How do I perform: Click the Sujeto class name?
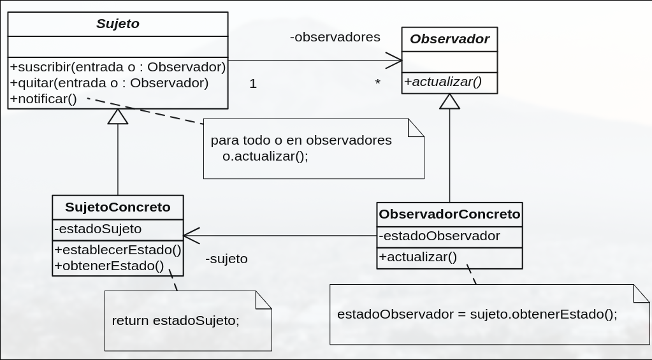pyautogui.click(x=118, y=24)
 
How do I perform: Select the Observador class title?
pyautogui.click(x=449, y=39)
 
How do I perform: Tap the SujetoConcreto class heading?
pyautogui.click(x=118, y=207)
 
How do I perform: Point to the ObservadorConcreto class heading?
pyautogui.click(x=449, y=214)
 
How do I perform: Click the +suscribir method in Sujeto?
pyautogui.click(x=118, y=66)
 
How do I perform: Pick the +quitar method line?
pyautogui.click(x=109, y=82)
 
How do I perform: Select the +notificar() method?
pyautogui.click(x=43, y=98)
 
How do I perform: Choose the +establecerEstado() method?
pyautogui.click(x=118, y=249)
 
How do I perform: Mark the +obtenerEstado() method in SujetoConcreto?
pyautogui.click(x=109, y=266)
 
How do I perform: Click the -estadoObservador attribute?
pyautogui.click(x=439, y=236)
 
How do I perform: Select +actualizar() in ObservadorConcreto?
pyautogui.click(x=418, y=257)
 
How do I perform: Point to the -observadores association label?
pyautogui.click(x=335, y=37)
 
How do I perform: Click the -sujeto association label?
pyautogui.click(x=226, y=259)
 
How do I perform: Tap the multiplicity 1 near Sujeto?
pyautogui.click(x=253, y=83)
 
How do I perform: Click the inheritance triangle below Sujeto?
pyautogui.click(x=118, y=117)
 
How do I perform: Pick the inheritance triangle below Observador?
pyautogui.click(x=450, y=101)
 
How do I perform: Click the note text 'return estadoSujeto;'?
pyautogui.click(x=175, y=320)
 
